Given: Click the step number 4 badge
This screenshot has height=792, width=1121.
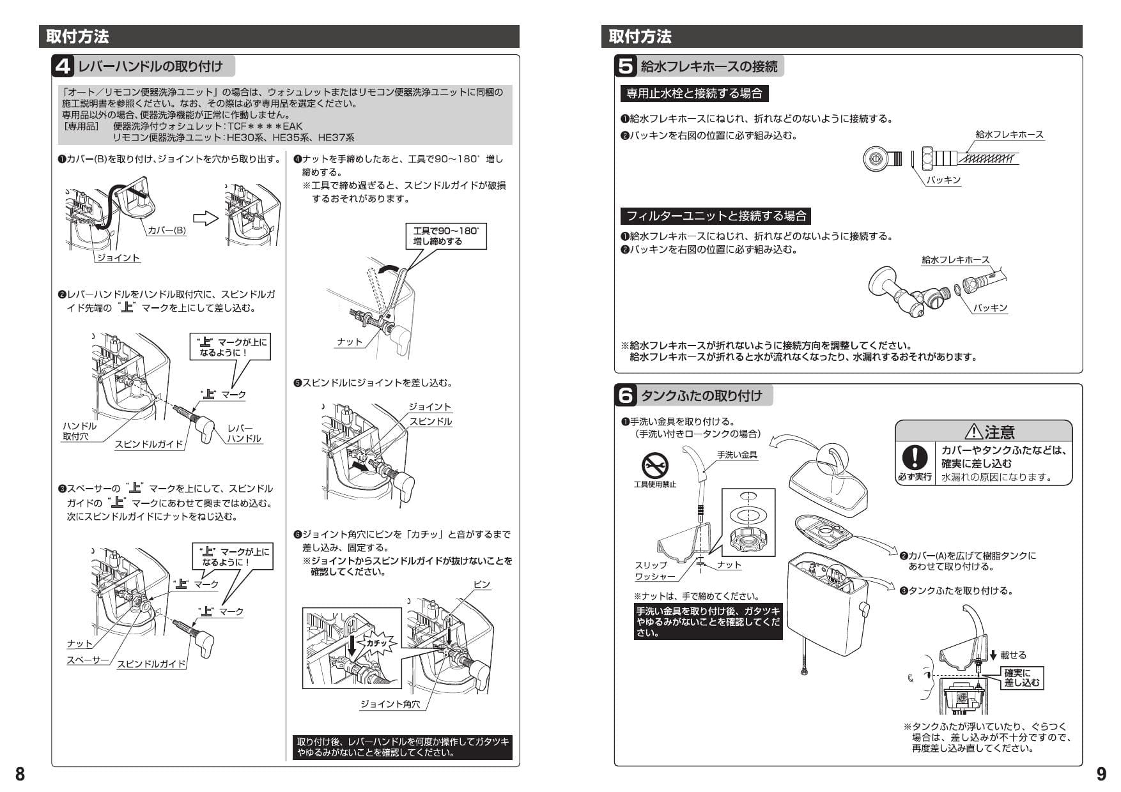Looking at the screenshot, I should [64, 66].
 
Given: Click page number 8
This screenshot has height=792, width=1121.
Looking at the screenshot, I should [20, 773].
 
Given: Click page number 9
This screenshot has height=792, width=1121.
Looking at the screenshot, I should [1101, 773].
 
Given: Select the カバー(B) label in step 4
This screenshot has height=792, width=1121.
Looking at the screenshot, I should [167, 231].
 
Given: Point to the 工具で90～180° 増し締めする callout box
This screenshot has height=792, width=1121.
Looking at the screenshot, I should [445, 236].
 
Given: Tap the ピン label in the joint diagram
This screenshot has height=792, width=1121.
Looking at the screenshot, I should [482, 584].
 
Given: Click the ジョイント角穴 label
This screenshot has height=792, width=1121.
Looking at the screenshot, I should [390, 704].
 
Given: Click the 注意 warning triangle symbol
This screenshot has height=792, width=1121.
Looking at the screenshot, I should [974, 432].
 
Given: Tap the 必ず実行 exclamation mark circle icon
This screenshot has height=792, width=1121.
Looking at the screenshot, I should [915, 458].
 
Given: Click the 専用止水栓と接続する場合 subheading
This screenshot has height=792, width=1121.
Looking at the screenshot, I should [694, 94].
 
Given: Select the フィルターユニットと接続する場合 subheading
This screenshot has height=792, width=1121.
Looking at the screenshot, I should [716, 216].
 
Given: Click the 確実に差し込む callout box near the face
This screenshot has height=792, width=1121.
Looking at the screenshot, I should [1021, 678].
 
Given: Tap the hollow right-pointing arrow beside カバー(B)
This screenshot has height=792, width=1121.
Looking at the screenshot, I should [206, 218].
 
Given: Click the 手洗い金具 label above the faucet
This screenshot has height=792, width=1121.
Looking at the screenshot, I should [737, 455].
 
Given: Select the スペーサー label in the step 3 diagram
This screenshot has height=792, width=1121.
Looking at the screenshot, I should [88, 660].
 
